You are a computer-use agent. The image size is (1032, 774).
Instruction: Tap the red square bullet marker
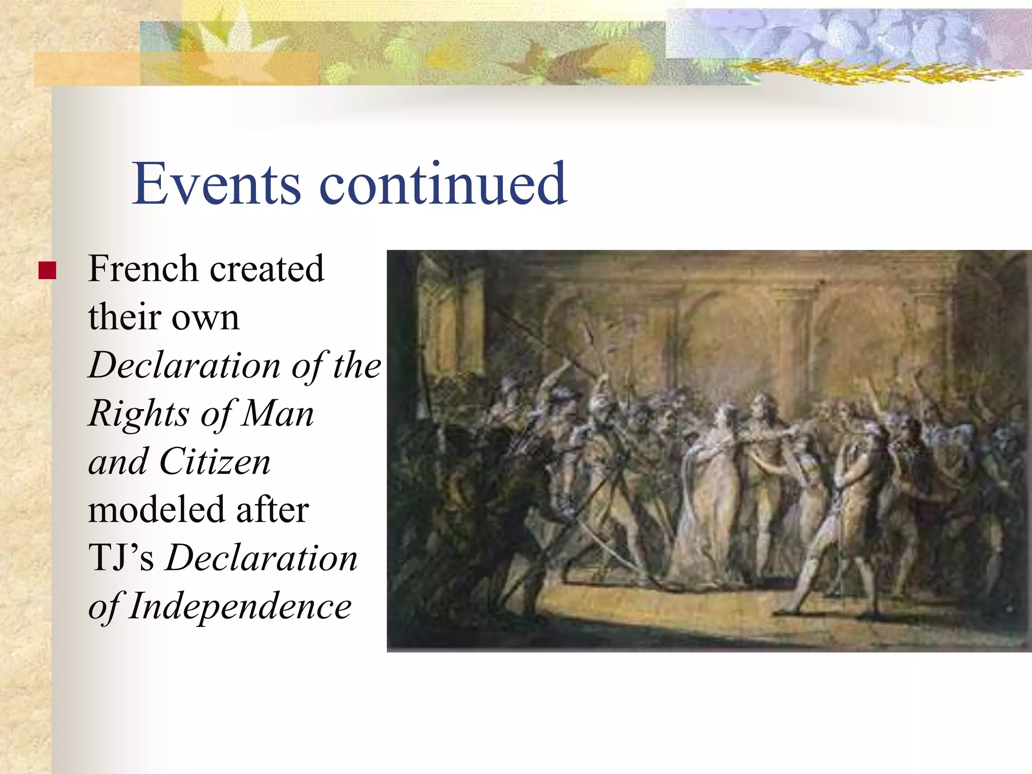pyautogui.click(x=47, y=271)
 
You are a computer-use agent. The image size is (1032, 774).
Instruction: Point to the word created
pyautogui.click(x=267, y=269)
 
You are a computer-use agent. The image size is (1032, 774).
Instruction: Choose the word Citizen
pyautogui.click(x=215, y=462)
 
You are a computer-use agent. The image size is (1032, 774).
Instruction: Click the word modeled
pyautogui.click(x=156, y=509)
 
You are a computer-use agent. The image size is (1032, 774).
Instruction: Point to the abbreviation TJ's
pyautogui.click(x=121, y=558)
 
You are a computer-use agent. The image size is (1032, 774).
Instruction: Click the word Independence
pyautogui.click(x=240, y=606)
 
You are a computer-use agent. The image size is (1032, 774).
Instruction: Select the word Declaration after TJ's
pyautogui.click(x=262, y=558)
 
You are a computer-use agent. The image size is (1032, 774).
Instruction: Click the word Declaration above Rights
pyautogui.click(x=184, y=365)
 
